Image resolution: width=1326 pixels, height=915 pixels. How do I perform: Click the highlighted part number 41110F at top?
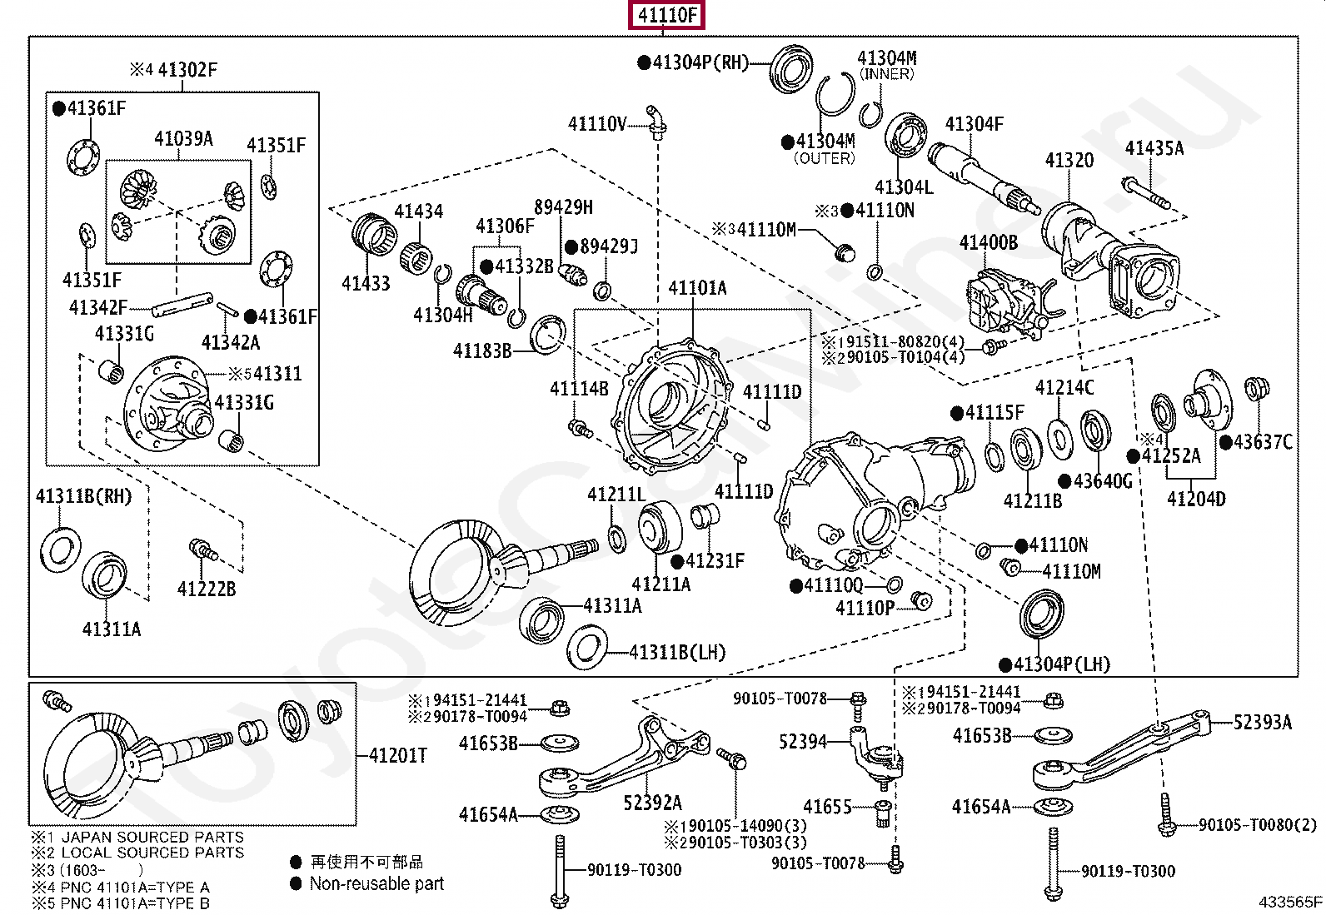[x=667, y=15]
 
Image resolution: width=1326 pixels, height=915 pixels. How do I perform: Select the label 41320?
[x=1069, y=160]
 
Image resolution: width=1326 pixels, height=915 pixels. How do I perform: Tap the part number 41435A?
[x=1154, y=148]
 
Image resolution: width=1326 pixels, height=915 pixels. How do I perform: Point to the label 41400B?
[x=988, y=242]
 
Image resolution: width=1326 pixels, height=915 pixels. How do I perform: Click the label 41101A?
[x=697, y=288]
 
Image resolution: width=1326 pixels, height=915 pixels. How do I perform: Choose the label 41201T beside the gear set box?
[x=397, y=755]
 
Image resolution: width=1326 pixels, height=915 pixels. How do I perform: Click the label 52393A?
[x=1262, y=723]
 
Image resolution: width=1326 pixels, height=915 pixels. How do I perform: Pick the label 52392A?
[x=652, y=803]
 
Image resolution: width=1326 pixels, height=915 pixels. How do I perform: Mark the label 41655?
[x=827, y=807]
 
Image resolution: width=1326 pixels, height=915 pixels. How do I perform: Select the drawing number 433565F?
[x=1290, y=902]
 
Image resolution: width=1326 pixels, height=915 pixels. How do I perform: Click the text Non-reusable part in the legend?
[x=376, y=884]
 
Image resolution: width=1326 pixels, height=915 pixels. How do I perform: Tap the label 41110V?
[x=596, y=124]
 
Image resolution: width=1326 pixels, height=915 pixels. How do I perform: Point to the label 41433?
[x=366, y=284]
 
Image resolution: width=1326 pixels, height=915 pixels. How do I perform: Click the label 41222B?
[x=207, y=589]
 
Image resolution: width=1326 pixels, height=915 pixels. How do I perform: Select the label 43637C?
[x=1263, y=442]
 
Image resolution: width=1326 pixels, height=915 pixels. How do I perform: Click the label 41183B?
[x=482, y=351]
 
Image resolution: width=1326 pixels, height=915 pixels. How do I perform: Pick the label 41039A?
[x=183, y=139]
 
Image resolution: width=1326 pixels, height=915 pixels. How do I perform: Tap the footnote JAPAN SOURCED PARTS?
[x=152, y=837]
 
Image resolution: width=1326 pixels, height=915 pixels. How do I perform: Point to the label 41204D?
[x=1196, y=500]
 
